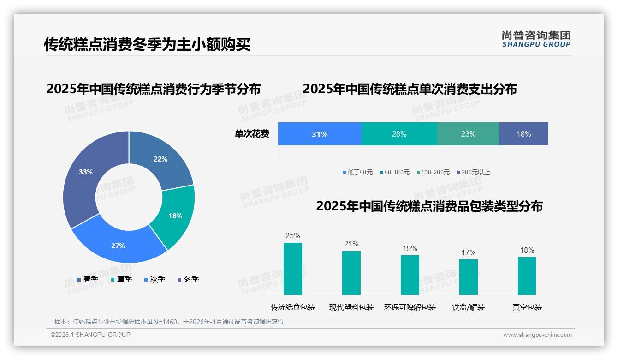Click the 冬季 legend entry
click(x=188, y=279)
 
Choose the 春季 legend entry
click(x=88, y=279)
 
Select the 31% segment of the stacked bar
click(x=320, y=134)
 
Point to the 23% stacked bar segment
click(x=468, y=134)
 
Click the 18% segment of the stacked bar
click(x=524, y=134)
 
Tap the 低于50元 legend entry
click(x=358, y=172)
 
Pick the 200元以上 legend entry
click(x=473, y=172)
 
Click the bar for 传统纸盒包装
click(x=293, y=269)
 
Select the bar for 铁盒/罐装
click(x=469, y=277)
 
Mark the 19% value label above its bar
click(x=410, y=249)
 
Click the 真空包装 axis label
click(x=527, y=307)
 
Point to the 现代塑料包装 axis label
click(x=351, y=307)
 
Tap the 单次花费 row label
click(x=252, y=134)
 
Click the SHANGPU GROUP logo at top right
click(x=536, y=39)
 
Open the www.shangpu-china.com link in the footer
click(x=537, y=335)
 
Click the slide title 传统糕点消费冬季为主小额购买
click(x=147, y=44)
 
